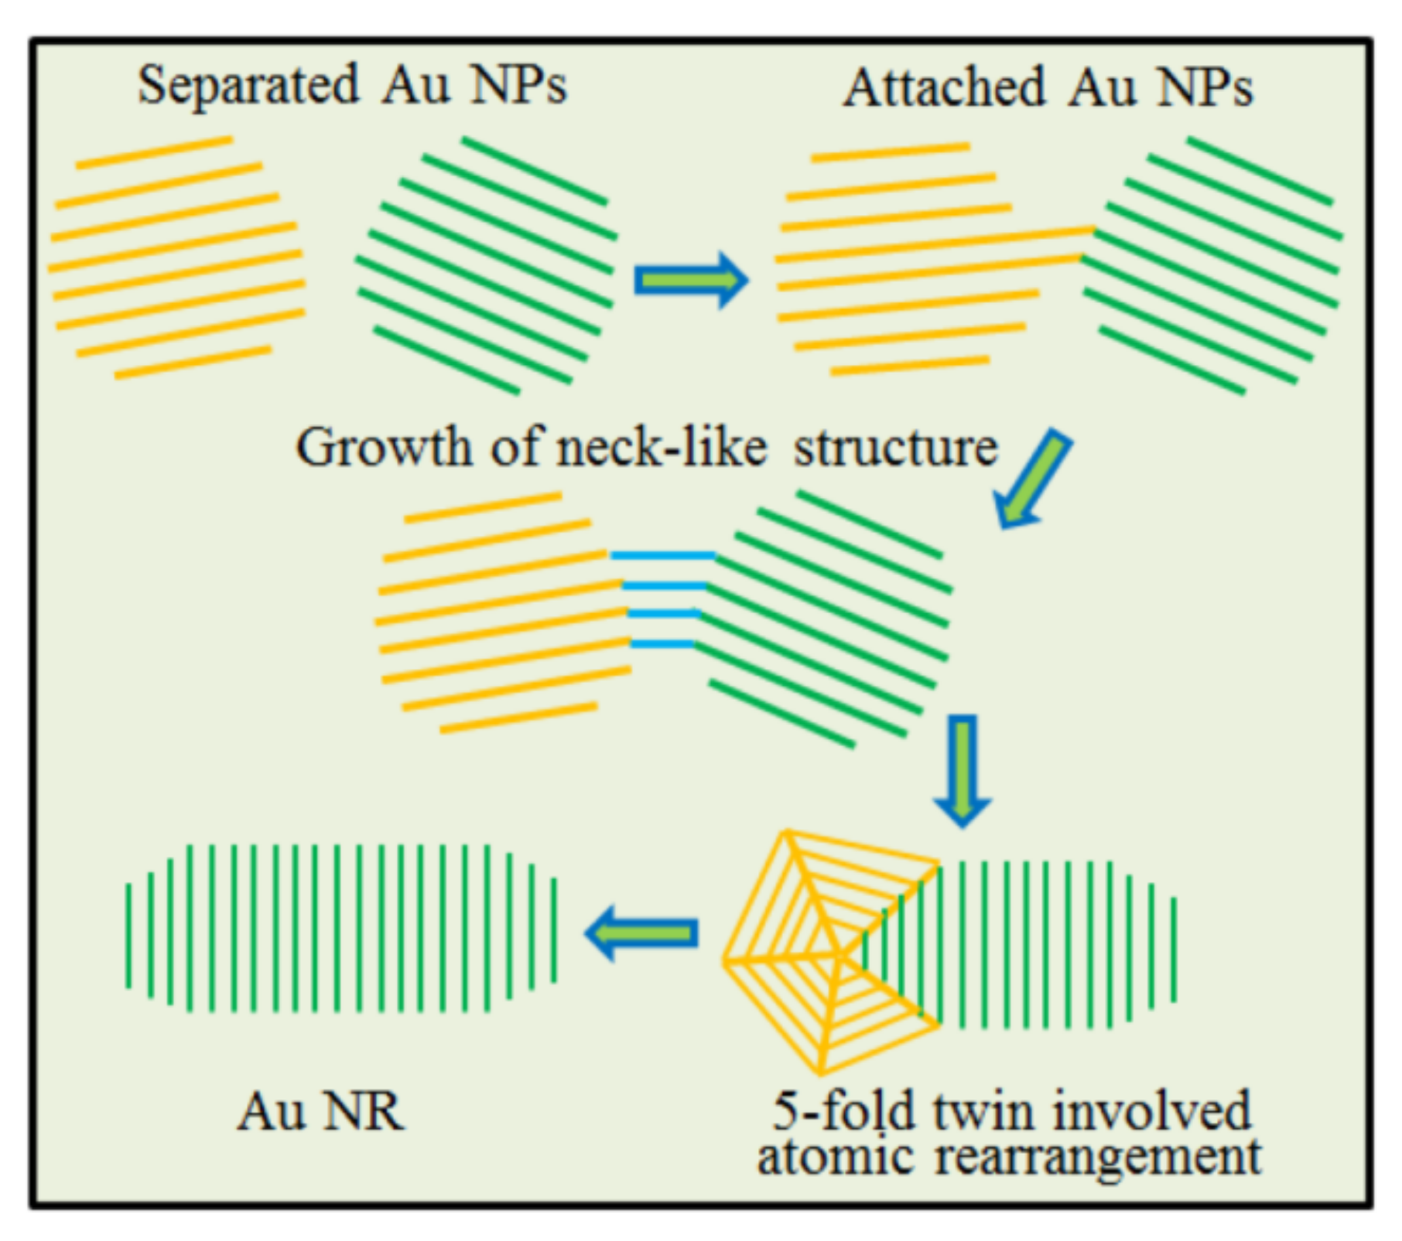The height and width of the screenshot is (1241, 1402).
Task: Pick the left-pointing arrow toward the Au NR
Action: pyautogui.click(x=642, y=932)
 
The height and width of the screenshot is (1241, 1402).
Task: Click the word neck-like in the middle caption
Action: pyautogui.click(x=662, y=447)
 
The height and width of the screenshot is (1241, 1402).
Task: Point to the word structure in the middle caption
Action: pyautogui.click(x=896, y=447)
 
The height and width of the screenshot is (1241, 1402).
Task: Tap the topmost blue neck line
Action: pyautogui.click(x=663, y=555)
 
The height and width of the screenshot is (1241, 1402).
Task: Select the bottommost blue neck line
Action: pyautogui.click(x=662, y=643)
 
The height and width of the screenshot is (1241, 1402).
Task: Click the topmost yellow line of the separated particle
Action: pyautogui.click(x=155, y=152)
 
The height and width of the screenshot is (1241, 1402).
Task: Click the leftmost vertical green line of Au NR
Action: pyautogui.click(x=128, y=936)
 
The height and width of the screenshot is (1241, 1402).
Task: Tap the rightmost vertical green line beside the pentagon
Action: pyautogui.click(x=1174, y=950)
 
